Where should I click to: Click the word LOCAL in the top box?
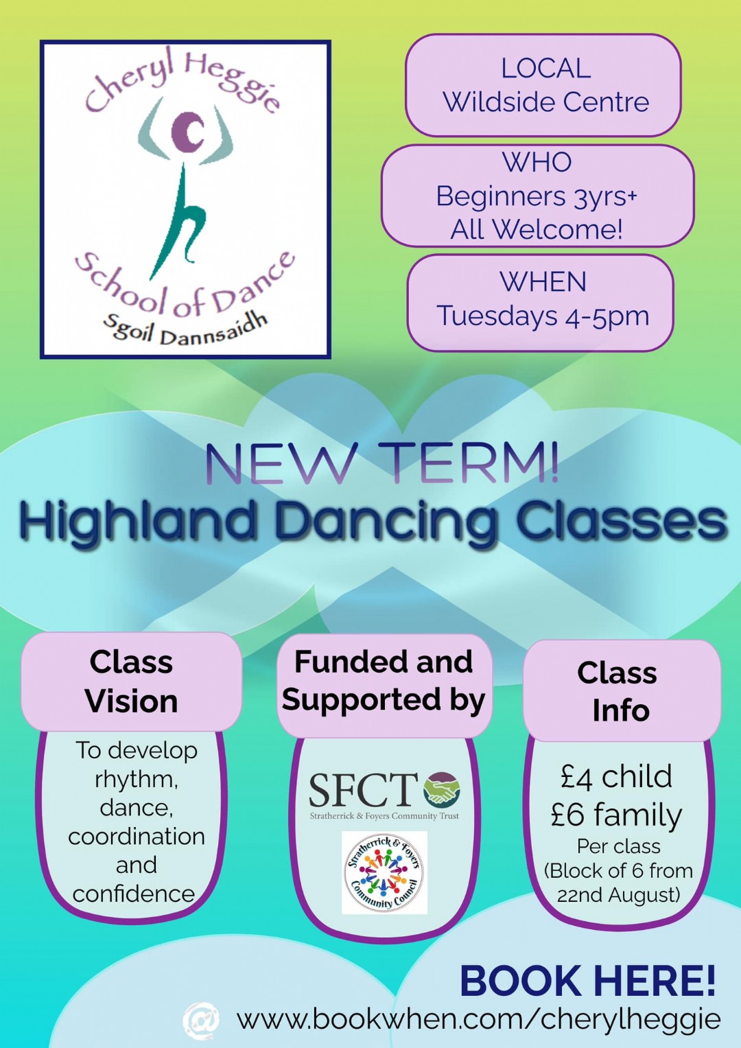546,69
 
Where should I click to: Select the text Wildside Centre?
546,102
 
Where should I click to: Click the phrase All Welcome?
537,230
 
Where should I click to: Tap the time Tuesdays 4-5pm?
543,316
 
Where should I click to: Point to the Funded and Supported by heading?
384,682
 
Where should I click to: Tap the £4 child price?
617,777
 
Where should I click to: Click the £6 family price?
617,816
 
